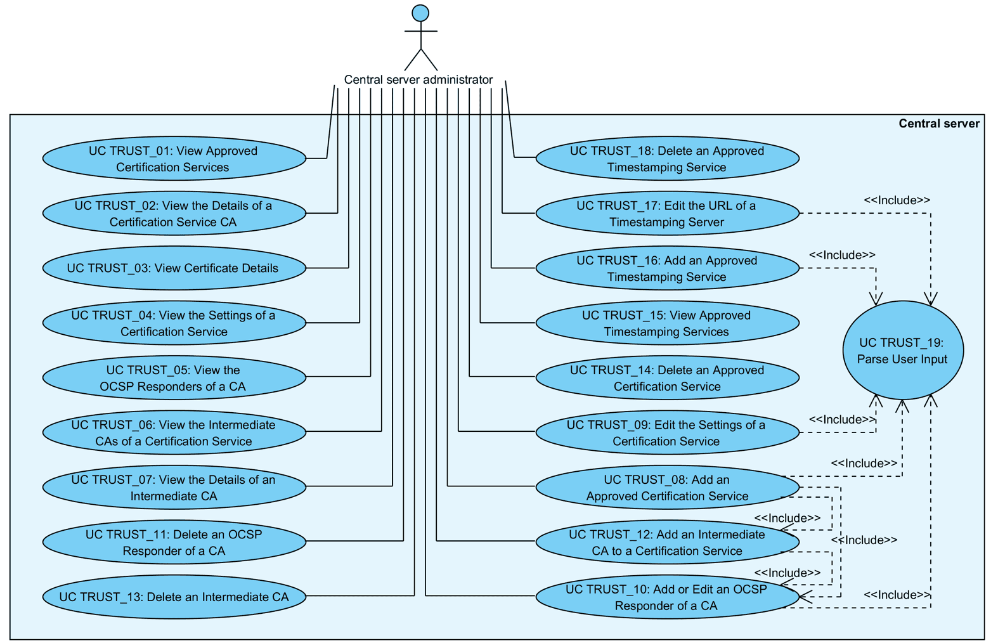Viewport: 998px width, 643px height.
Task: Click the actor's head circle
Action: (420, 13)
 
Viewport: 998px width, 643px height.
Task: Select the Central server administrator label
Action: (418, 80)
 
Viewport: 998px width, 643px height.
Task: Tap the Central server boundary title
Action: (938, 124)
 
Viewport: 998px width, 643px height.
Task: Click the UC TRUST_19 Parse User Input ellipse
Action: (902, 351)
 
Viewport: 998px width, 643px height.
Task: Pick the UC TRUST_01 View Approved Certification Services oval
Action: (174, 159)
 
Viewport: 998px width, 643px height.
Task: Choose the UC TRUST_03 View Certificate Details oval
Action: (174, 268)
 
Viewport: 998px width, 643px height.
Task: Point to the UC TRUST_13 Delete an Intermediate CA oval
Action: (174, 597)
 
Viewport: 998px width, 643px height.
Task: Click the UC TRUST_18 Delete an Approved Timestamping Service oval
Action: (667, 159)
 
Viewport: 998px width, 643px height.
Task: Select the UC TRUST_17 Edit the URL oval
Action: (667, 214)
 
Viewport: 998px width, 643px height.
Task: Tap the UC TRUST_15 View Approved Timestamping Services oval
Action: (667, 323)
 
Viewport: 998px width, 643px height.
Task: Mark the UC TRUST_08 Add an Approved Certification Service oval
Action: (667, 488)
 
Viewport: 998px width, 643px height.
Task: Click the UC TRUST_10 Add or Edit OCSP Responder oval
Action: (667, 597)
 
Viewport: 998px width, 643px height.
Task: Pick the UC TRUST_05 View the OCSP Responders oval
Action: (174, 378)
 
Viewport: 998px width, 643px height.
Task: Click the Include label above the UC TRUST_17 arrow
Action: (897, 200)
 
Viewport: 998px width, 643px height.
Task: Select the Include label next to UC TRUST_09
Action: (841, 420)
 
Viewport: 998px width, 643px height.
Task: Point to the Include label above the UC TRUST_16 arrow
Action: (841, 255)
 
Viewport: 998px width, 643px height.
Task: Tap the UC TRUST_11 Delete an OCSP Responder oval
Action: (174, 542)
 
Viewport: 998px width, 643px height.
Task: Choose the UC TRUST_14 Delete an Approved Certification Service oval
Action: (667, 378)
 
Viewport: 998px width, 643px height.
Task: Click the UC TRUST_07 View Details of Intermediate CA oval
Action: (174, 488)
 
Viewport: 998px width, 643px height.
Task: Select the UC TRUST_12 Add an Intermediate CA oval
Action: (667, 543)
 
